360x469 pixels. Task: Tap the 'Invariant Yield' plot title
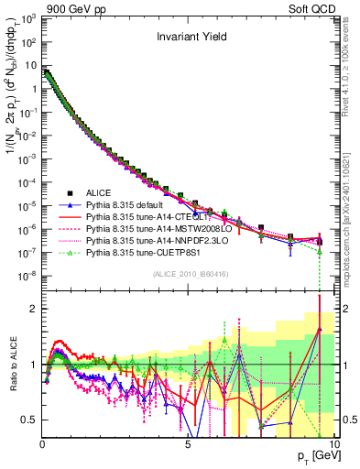[x=189, y=38]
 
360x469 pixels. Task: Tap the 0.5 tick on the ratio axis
[x=29, y=420]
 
